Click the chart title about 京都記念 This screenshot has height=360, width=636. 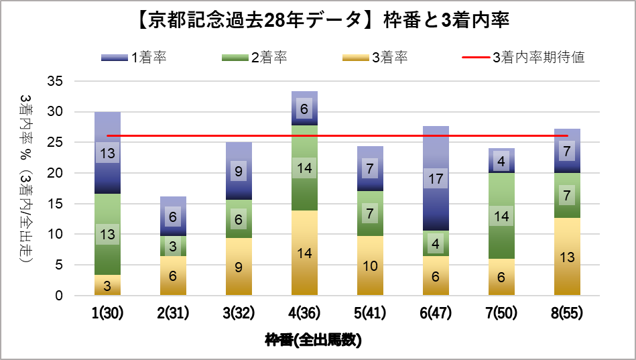point(318,21)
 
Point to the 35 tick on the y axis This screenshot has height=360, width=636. point(56,81)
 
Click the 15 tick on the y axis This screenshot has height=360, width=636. point(56,204)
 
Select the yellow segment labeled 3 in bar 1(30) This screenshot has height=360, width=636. point(107,285)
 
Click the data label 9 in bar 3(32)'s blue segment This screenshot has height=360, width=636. point(239,171)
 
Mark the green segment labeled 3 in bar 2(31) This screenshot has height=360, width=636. point(173,246)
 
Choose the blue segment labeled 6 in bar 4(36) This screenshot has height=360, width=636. point(304,109)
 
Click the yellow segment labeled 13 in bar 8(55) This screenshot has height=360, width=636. point(567,257)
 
